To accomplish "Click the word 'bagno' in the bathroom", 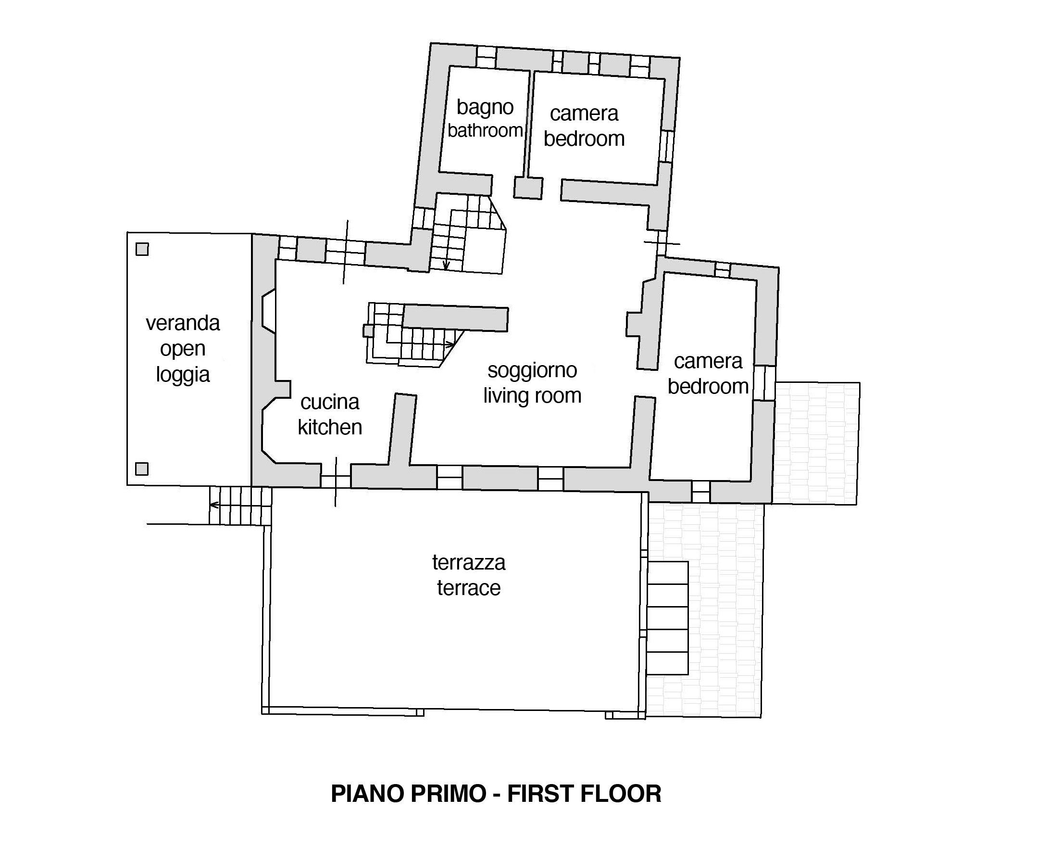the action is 485,108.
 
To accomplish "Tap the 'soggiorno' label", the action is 532,371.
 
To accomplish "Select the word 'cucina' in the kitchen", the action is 330,402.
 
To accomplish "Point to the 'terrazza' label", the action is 469,562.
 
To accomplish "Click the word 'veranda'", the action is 183,323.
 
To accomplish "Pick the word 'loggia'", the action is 183,375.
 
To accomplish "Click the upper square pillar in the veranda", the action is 142,250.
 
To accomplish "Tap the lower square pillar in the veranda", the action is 142,469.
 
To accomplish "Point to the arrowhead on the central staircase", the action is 450,345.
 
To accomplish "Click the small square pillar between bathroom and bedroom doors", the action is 528,188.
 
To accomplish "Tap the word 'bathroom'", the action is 485,130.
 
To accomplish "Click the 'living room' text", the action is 532,396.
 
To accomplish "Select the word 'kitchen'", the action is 330,428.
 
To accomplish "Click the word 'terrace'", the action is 469,588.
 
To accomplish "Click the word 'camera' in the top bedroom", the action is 584,114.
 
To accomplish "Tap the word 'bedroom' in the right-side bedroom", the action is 708,386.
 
